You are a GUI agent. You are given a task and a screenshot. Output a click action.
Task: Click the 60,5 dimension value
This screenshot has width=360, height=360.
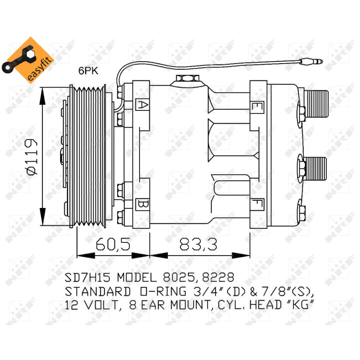(x=113, y=244)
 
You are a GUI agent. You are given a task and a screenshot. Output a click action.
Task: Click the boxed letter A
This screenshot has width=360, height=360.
(x=142, y=105)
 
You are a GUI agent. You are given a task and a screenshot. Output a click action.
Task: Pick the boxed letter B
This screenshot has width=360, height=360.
(x=142, y=204)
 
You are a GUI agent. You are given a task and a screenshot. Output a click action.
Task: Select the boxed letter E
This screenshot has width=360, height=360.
(x=256, y=107)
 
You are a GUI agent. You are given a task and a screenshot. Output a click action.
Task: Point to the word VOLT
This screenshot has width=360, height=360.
(x=101, y=305)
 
